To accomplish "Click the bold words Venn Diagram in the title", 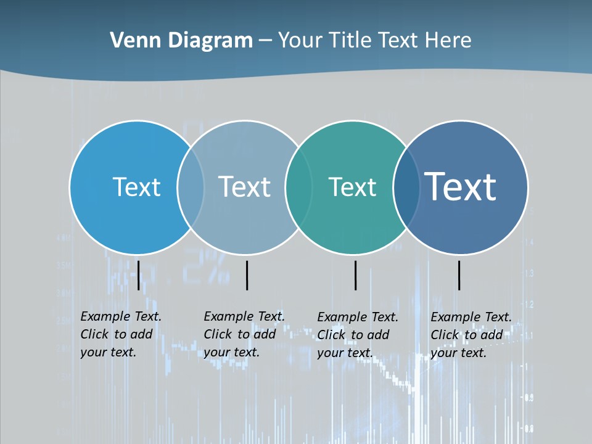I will click(x=181, y=41).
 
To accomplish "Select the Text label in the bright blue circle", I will click(x=136, y=187).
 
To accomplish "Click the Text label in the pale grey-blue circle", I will click(x=244, y=187).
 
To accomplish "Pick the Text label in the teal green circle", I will click(x=352, y=187).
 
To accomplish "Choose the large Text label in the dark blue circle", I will click(x=461, y=186).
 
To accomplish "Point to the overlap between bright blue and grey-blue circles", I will click(x=191, y=187).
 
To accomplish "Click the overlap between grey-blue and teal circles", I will click(x=298, y=187).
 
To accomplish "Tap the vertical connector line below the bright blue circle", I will click(x=138, y=275).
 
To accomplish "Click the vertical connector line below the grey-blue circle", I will click(x=247, y=275).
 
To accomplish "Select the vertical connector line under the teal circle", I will click(x=355, y=275).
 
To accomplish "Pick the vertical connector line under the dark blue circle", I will click(x=459, y=275).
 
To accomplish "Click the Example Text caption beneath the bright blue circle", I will click(x=120, y=334).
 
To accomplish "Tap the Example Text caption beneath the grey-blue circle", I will click(x=244, y=334).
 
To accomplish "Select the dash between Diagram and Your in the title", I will click(x=265, y=41).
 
